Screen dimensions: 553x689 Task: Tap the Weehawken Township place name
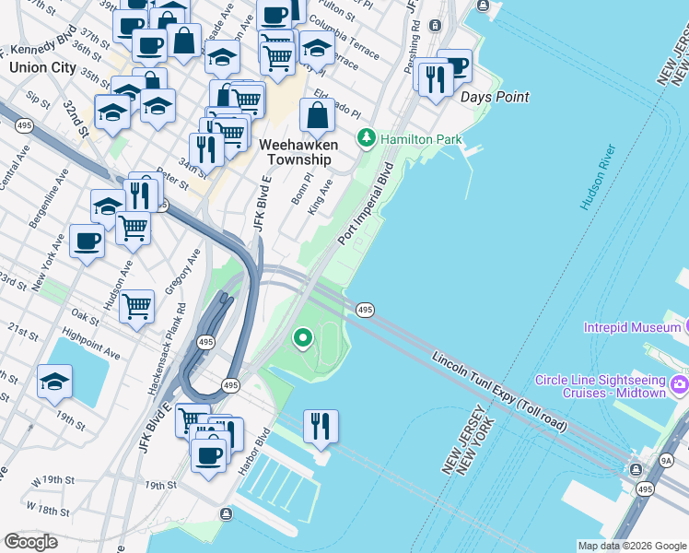pyautogui.click(x=298, y=152)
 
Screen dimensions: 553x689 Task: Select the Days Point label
pyautogui.click(x=495, y=97)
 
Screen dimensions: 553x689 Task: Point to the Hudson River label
pyautogui.click(x=597, y=176)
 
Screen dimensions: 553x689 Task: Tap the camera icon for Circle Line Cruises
pyautogui.click(x=680, y=383)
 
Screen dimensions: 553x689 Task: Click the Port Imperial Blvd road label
pyautogui.click(x=366, y=204)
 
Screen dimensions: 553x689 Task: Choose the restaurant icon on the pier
pyautogui.click(x=321, y=426)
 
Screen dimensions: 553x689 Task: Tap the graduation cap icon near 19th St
pyautogui.click(x=54, y=381)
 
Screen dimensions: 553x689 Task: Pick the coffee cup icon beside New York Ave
pyautogui.click(x=88, y=241)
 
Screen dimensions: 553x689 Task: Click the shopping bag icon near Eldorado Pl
pyautogui.click(x=317, y=116)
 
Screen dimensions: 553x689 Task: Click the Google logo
pyautogui.click(x=30, y=542)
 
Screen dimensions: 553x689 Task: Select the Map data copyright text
pyautogui.click(x=631, y=546)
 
